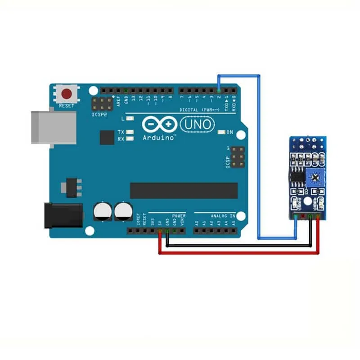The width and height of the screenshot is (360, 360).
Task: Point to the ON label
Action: [x=229, y=132]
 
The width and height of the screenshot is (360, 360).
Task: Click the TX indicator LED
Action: [x=130, y=132]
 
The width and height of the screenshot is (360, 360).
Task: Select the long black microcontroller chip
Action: [x=184, y=190]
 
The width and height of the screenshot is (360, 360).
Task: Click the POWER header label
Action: [x=178, y=216]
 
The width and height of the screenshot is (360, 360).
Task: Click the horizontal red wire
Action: [x=238, y=253]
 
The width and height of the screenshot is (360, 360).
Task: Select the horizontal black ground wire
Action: [x=238, y=246]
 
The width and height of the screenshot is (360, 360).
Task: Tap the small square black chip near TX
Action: [x=107, y=137]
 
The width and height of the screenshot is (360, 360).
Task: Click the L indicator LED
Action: [x=130, y=118]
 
